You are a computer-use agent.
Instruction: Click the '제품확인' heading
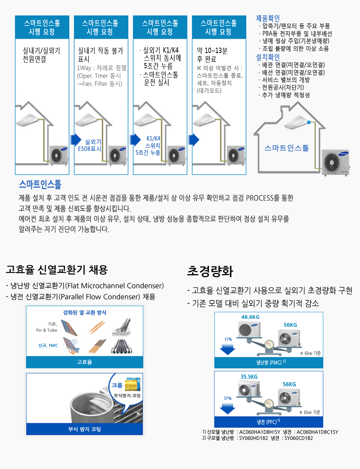coord(268,18)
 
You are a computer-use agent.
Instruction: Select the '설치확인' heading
coord(268,57)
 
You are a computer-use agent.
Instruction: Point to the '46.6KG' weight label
coord(250,317)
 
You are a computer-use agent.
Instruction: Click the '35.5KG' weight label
coord(249,376)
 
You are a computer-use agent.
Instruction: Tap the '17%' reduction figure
coord(228,339)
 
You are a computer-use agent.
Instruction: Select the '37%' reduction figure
coord(227,398)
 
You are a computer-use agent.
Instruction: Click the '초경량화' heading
coord(210,271)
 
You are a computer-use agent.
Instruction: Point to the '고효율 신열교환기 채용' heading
coord(57,270)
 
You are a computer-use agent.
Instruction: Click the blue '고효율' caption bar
coord(85,362)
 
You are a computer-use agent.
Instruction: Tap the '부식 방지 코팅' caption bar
coord(85,429)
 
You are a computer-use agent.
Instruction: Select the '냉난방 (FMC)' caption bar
coord(269,363)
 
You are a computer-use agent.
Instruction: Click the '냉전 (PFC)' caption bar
coord(269,421)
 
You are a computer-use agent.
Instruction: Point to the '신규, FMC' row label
coord(48,345)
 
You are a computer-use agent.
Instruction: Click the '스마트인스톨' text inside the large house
coord(286,148)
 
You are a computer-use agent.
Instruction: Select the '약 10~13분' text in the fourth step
coord(212,51)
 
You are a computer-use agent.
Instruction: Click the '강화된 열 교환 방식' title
coord(85,312)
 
